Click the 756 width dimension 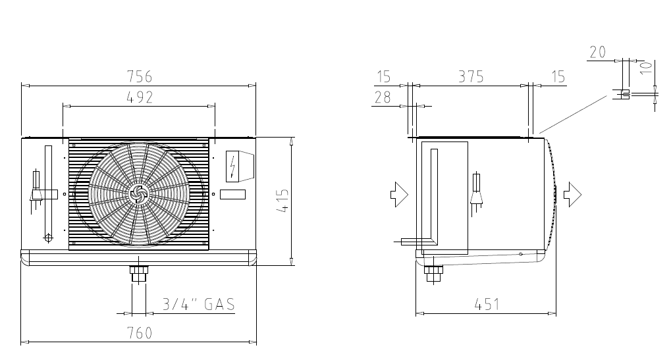click(140, 76)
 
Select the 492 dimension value click(140, 97)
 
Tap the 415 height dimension click(283, 201)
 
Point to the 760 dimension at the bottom click(140, 333)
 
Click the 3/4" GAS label click(199, 304)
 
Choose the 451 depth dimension click(487, 305)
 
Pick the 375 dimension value click(471, 76)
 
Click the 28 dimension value click(383, 97)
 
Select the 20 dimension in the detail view click(598, 52)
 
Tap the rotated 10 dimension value click(647, 68)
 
